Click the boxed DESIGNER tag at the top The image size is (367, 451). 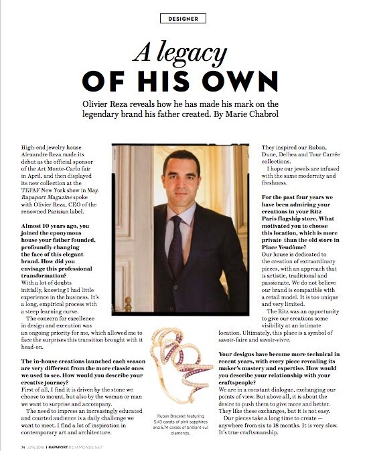[182, 18]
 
